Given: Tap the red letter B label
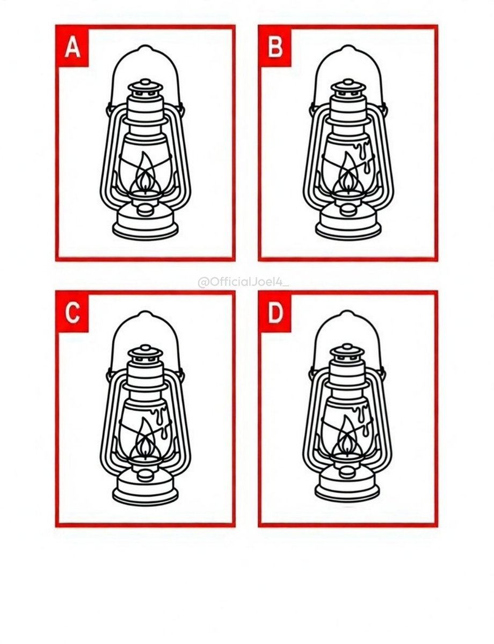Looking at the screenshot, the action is pyautogui.click(x=275, y=46).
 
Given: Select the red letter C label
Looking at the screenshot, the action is pyautogui.click(x=72, y=313).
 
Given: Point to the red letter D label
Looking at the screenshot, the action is pyautogui.click(x=275, y=313).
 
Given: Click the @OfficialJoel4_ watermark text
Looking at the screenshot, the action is pyautogui.click(x=243, y=283).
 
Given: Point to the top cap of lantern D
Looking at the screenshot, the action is pyautogui.click(x=348, y=353).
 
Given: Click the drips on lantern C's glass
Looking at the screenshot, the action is pyautogui.click(x=161, y=419).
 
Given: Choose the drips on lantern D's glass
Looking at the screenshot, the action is pyautogui.click(x=364, y=419).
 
